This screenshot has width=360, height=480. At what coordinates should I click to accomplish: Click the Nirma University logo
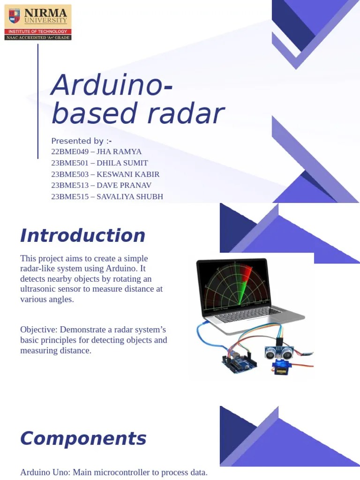coord(38,22)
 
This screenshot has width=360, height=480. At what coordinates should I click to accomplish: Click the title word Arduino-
coord(112,85)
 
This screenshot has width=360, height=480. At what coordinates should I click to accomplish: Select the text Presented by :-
coord(82,141)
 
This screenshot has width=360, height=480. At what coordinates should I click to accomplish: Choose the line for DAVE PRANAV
coord(101,186)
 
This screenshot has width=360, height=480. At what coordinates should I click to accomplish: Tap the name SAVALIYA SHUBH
coord(130,197)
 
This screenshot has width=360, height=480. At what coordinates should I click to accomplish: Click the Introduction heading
coord(82,235)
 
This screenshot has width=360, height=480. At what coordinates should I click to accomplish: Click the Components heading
coord(83,439)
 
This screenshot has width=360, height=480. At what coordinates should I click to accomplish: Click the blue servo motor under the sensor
coord(279,368)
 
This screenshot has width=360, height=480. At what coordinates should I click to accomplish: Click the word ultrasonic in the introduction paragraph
coord(38,289)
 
